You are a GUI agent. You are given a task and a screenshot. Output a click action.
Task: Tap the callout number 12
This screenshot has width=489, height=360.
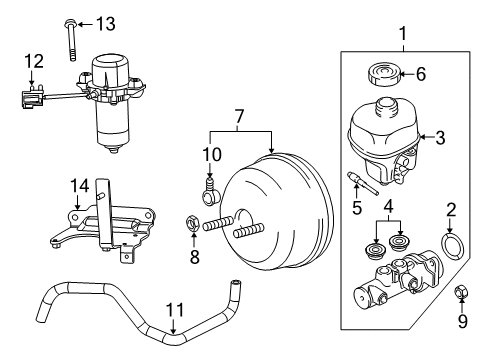coord(34,61)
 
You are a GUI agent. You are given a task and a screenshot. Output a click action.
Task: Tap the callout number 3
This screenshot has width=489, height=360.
coord(438,138)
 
